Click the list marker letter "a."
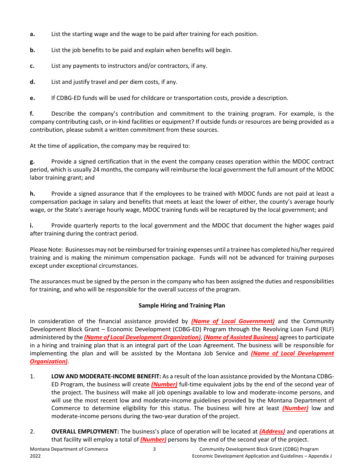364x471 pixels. point(32,34)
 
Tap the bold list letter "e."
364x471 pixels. point(32,98)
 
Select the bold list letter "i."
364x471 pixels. point(31,226)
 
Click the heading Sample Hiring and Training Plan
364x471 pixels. point(182,306)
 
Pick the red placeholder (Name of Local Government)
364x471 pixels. point(233,321)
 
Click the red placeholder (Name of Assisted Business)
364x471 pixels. point(241,337)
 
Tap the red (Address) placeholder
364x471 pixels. point(272,432)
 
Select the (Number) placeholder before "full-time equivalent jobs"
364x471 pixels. point(164,384)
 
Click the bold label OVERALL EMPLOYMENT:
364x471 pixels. point(85,432)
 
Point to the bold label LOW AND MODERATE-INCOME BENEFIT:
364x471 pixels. point(106,376)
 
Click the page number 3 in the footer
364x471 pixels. point(154,449)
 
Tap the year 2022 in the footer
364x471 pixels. point(35,456)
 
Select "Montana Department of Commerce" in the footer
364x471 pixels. point(69,449)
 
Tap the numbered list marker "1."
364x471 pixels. point(32,376)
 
